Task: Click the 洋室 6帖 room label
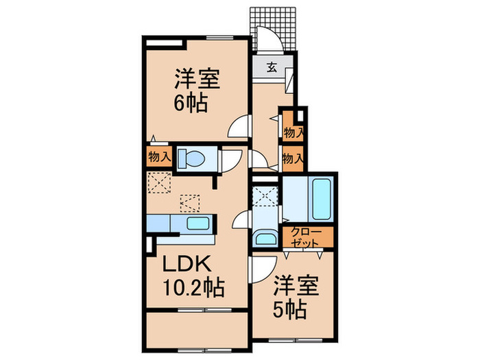(x=196, y=91)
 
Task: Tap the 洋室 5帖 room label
(x=296, y=297)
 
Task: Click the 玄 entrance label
(x=272, y=67)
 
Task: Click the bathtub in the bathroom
(x=321, y=199)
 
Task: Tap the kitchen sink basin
(x=197, y=224)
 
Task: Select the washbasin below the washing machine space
(x=266, y=238)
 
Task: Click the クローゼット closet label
(x=307, y=237)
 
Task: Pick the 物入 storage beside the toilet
(x=159, y=157)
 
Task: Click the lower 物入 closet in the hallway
(x=293, y=158)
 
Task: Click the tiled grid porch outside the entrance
(x=274, y=28)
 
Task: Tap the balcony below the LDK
(x=197, y=331)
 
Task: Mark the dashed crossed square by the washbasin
(x=265, y=196)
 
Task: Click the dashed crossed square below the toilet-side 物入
(x=159, y=182)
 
